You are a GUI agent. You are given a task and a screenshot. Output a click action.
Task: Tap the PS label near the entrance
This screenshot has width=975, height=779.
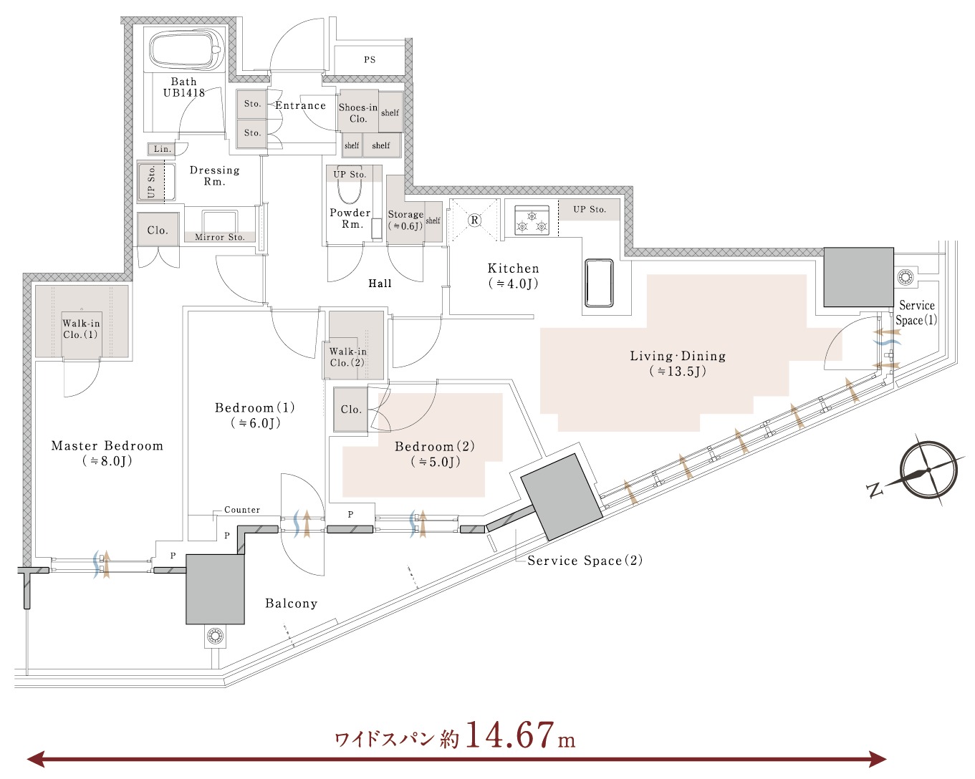[x=370, y=59]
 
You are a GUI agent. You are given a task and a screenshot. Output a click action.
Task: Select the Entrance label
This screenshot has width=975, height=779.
[x=300, y=105]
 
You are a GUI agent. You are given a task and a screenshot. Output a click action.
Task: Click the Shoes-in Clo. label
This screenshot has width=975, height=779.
[x=358, y=113]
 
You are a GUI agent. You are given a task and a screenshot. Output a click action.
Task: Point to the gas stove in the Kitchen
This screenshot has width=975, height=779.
[x=532, y=220]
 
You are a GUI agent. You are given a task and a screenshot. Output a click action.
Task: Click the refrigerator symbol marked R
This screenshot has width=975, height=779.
[x=474, y=220]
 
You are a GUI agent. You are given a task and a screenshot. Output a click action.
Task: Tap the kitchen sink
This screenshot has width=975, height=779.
[x=599, y=283]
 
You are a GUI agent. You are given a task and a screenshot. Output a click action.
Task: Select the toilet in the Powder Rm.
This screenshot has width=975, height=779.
[x=350, y=192]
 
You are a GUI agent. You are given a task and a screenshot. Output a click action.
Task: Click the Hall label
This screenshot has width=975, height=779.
[x=380, y=284]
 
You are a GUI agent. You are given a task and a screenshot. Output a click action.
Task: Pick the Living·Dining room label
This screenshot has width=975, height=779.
[x=678, y=363]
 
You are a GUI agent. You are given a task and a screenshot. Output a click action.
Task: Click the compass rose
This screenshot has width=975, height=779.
[x=928, y=470]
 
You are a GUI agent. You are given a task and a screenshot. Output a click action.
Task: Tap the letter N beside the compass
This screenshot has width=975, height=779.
[x=875, y=490]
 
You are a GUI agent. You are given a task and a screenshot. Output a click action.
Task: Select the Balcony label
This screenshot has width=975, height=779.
[x=292, y=604]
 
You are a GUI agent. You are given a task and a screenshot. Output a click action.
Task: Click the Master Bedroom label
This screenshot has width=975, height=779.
[x=107, y=453]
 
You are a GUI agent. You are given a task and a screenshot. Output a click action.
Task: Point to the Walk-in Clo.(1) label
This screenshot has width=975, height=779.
[x=81, y=329]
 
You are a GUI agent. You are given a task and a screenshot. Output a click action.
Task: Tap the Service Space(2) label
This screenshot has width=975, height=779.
[x=585, y=561]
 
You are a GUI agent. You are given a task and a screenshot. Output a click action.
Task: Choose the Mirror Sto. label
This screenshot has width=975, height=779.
[x=219, y=237]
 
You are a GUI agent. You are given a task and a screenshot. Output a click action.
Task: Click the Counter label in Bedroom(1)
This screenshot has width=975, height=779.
[x=242, y=510]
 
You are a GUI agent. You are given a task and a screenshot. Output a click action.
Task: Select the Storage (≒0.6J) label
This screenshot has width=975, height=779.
[x=405, y=220]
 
